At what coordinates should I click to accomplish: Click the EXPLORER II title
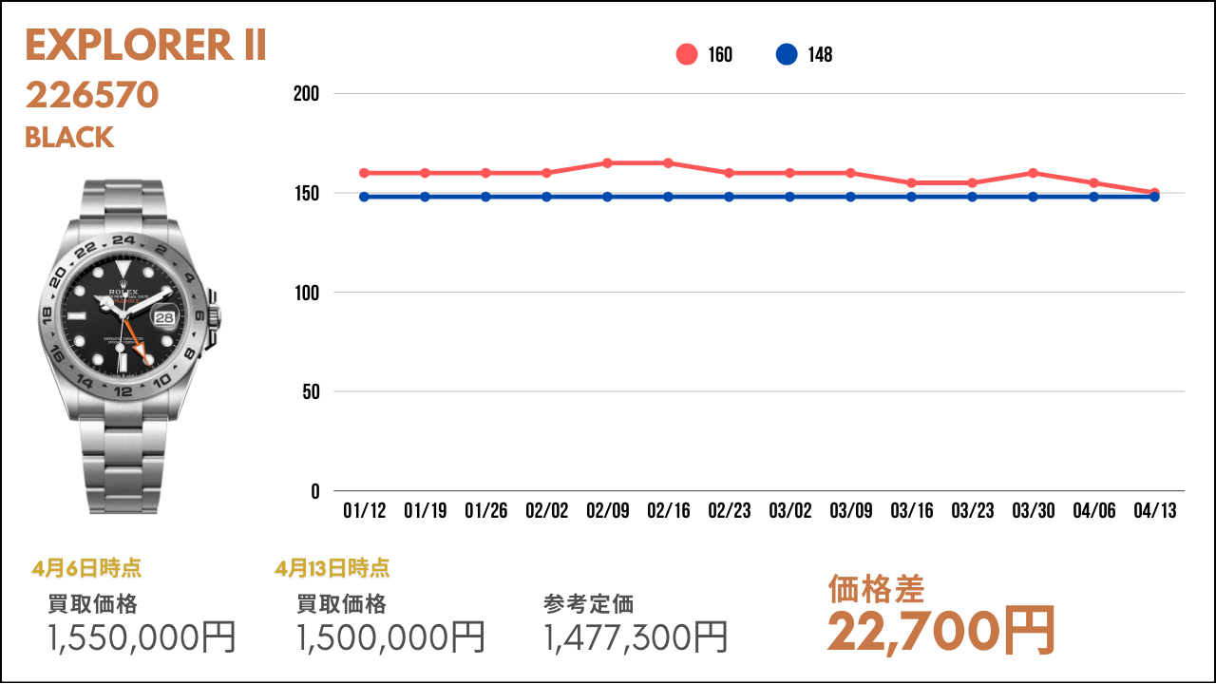(x=145, y=46)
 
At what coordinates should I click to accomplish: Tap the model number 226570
(x=92, y=95)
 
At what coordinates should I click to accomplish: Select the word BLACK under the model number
(x=69, y=138)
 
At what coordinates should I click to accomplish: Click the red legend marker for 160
(x=687, y=54)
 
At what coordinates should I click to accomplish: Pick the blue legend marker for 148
(x=787, y=54)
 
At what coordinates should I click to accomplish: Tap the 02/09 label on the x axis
(x=608, y=511)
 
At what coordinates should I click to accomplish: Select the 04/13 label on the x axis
(x=1155, y=511)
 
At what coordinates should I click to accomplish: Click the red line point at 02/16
(x=669, y=163)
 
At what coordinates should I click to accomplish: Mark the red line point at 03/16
(x=912, y=182)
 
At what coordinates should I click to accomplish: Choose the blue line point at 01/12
(x=365, y=197)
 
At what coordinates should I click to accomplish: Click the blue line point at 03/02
(x=790, y=197)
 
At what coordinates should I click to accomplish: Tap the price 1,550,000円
(x=142, y=637)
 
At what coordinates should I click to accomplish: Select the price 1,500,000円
(x=390, y=637)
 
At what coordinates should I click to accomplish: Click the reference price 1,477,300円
(x=636, y=637)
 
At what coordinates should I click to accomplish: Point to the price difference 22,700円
(x=940, y=630)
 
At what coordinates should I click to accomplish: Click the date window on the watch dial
(x=165, y=317)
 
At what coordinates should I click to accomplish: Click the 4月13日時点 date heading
(x=332, y=569)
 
